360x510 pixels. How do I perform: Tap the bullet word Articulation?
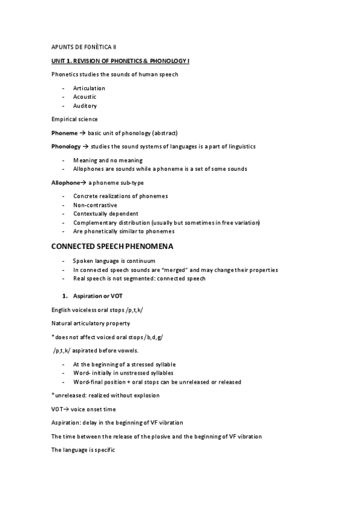coord(89,88)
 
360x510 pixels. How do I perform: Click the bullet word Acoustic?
coord(85,97)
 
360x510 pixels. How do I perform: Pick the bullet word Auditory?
coord(85,106)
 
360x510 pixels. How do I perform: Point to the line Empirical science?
coord(75,119)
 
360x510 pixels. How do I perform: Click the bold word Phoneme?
coord(64,133)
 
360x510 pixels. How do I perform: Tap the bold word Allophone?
coord(66,182)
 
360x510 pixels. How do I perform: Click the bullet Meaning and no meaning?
coord(108,161)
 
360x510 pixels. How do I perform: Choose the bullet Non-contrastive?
coord(95,205)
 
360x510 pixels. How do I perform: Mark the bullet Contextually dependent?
coord(106,214)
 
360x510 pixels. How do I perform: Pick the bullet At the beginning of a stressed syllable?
coord(124,364)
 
